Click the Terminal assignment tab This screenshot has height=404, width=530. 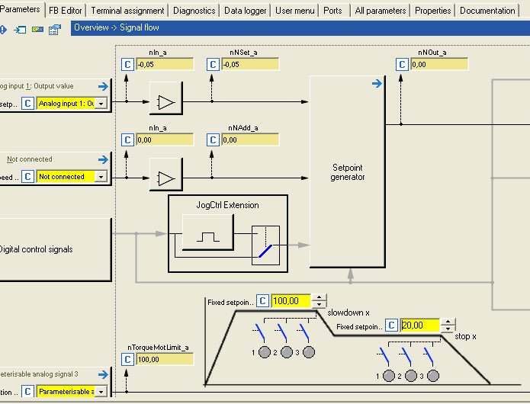[x=127, y=11]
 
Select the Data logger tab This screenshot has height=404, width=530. [x=245, y=11]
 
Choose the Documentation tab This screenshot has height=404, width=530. [x=488, y=11]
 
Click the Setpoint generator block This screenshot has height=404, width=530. [x=347, y=172]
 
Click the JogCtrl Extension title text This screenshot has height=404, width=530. [x=227, y=205]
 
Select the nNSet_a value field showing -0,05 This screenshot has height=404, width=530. [x=249, y=65]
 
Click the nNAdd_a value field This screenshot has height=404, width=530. [x=249, y=139]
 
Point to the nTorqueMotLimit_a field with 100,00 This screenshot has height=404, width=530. [x=164, y=359]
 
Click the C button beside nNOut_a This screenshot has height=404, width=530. [x=402, y=65]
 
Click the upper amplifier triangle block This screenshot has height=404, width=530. [x=165, y=101]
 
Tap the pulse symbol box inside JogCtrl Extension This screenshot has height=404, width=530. [x=207, y=234]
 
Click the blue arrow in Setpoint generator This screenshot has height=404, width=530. [x=376, y=84]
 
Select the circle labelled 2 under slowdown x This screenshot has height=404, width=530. [x=287, y=352]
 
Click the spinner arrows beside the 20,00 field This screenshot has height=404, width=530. [x=448, y=325]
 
